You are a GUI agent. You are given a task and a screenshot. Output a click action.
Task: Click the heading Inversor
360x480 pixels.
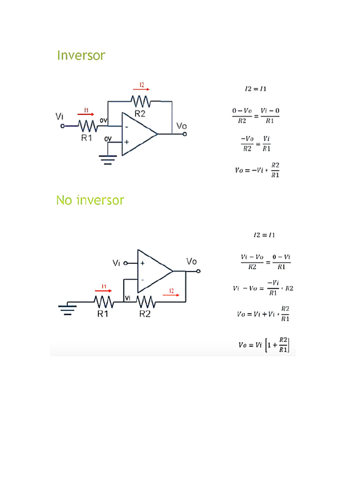(x=81, y=55)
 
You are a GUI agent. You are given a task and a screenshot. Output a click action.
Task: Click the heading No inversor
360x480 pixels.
(x=90, y=201)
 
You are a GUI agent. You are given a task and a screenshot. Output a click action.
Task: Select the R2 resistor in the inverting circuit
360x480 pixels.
(x=141, y=101)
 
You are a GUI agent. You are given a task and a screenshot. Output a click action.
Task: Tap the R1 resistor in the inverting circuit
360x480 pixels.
(x=87, y=126)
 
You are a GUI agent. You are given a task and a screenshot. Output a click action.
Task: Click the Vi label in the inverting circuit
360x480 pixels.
(x=60, y=116)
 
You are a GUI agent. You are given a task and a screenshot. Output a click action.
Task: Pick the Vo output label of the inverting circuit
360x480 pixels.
(x=181, y=126)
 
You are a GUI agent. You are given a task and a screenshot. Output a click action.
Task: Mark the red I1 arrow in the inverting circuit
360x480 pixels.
(x=86, y=113)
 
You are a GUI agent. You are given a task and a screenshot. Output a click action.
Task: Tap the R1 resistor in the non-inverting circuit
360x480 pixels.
(x=103, y=301)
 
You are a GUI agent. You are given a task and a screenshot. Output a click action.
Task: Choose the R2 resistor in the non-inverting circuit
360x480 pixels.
(x=145, y=301)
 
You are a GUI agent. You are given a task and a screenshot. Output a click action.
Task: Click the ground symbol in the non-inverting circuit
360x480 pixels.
(x=67, y=310)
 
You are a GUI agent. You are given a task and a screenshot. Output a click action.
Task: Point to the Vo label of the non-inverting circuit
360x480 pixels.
(x=191, y=261)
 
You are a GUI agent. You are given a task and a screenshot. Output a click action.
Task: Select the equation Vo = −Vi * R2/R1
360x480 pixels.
(x=257, y=169)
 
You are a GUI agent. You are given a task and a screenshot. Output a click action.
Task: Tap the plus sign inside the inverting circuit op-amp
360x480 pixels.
(x=127, y=141)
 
